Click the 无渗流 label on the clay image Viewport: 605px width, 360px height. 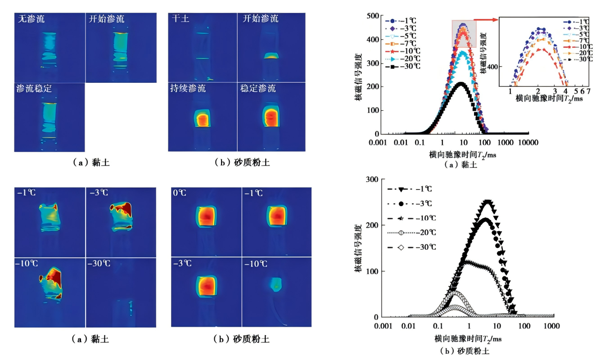coord(32,19)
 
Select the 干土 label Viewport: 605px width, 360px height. coord(181,19)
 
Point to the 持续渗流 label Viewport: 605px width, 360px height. coord(188,88)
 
